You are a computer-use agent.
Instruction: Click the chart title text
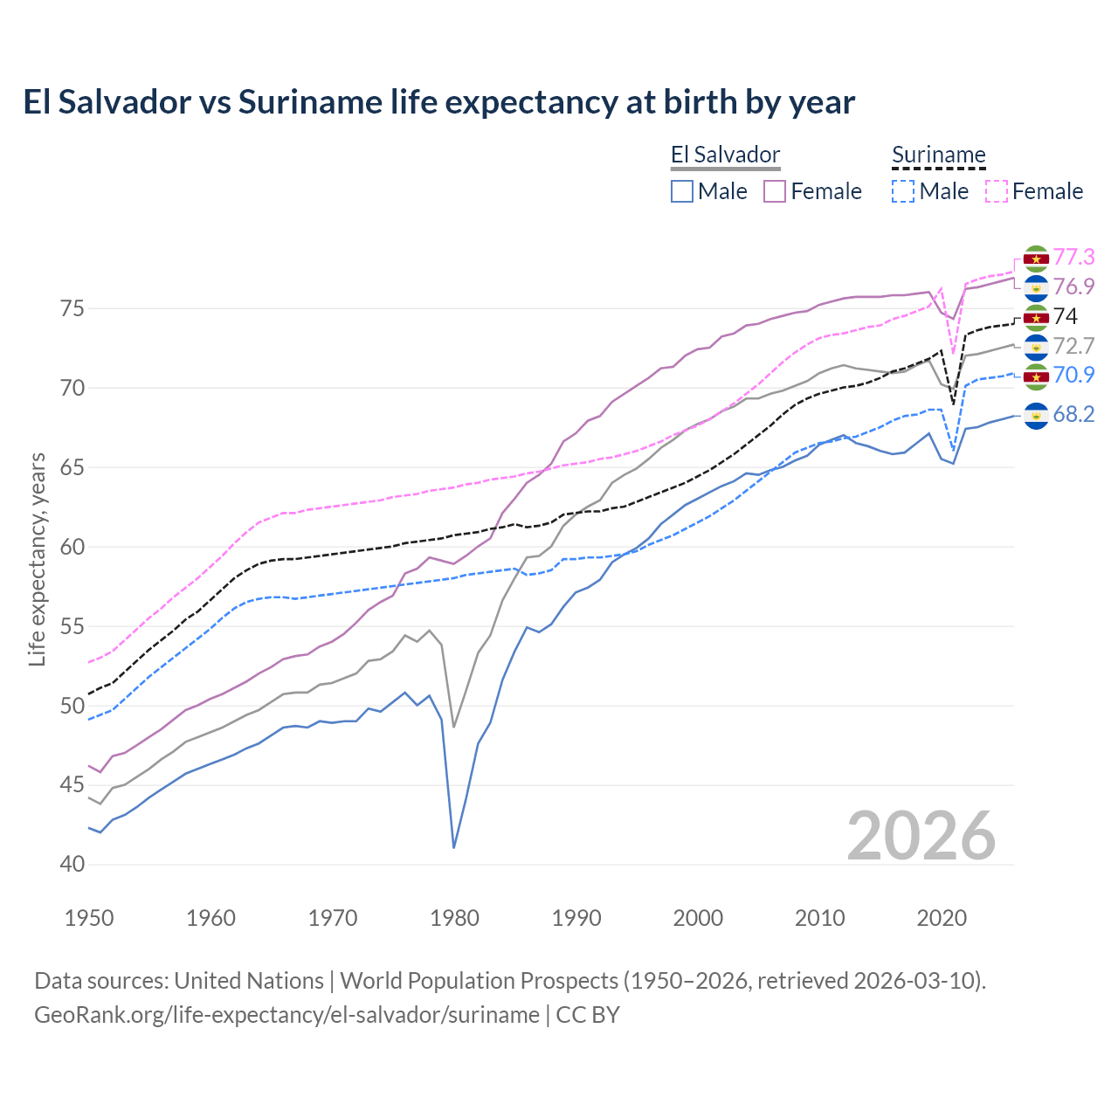click(x=438, y=102)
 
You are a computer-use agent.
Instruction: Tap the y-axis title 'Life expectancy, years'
click(x=37, y=559)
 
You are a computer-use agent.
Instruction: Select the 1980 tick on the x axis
click(x=454, y=918)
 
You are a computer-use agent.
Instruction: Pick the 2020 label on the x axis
click(x=941, y=918)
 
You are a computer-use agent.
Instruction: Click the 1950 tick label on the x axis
click(x=89, y=918)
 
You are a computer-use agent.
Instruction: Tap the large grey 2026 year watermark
click(x=921, y=836)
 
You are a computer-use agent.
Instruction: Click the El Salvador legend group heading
click(x=725, y=155)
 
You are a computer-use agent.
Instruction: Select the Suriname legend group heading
click(x=938, y=155)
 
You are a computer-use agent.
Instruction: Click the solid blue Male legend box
click(x=682, y=191)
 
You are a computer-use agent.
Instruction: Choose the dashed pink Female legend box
click(x=996, y=191)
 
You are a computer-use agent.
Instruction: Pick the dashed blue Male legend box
click(x=903, y=191)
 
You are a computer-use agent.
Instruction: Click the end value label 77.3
click(x=1073, y=257)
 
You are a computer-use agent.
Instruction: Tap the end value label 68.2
click(x=1073, y=414)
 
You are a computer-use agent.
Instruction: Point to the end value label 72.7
click(x=1073, y=346)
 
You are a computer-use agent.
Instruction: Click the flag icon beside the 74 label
click(x=1036, y=317)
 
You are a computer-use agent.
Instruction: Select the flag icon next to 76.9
click(x=1036, y=287)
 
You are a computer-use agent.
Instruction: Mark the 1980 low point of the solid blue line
click(x=454, y=847)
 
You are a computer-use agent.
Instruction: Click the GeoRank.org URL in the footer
click(x=286, y=1015)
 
